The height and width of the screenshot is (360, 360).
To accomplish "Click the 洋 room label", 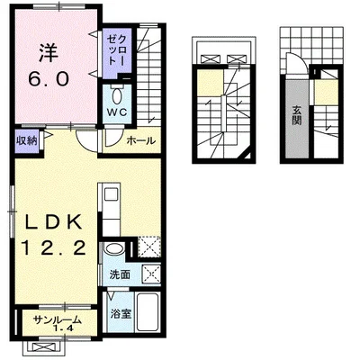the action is [x=48, y=54].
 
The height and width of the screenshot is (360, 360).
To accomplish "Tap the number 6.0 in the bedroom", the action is [x=49, y=80].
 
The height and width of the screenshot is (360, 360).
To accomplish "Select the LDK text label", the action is [x=53, y=222].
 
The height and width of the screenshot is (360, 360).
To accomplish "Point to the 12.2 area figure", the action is [x=54, y=248].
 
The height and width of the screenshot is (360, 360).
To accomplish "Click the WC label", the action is [x=117, y=112].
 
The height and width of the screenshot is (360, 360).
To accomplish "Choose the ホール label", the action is [x=141, y=140].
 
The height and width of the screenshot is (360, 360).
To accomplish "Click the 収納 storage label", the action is [x=27, y=140].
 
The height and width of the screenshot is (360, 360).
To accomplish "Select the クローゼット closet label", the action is [x=115, y=49].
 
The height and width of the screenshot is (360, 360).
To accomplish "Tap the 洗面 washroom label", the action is [x=120, y=274].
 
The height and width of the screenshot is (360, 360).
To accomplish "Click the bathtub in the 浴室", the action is [x=147, y=311].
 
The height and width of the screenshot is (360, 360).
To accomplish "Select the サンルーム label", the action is [x=58, y=319].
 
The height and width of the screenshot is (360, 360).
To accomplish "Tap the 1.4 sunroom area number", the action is [x=63, y=328].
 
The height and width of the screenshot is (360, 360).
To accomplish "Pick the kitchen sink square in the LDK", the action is [x=111, y=194].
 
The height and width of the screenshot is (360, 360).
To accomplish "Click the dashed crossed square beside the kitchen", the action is [x=149, y=247].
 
